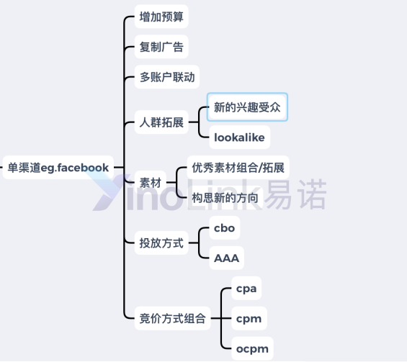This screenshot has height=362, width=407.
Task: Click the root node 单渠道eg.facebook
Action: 58,168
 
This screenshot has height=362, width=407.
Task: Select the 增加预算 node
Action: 161,17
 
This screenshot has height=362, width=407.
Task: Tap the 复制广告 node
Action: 161,47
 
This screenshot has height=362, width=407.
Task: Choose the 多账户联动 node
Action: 167,77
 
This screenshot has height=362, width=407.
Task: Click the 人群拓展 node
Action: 161,122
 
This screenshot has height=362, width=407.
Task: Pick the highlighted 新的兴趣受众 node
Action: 247,107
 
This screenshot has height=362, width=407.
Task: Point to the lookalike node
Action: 240,137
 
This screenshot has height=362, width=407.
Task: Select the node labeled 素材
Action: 151,183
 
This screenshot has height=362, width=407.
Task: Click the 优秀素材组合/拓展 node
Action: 238,168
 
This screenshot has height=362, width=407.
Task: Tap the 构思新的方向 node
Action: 225,198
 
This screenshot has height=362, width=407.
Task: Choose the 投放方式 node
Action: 161,243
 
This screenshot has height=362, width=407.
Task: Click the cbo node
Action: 225,228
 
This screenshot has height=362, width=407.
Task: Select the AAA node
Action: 227,258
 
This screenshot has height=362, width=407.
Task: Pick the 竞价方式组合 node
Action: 172,318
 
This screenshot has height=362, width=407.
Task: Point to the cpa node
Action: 246,289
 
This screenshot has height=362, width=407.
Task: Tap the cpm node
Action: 249,318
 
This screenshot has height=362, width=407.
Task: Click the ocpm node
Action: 252,349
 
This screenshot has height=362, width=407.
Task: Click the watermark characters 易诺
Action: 295,194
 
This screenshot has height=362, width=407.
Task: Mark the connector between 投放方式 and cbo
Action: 199,234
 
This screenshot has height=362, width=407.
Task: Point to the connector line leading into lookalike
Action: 200,130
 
